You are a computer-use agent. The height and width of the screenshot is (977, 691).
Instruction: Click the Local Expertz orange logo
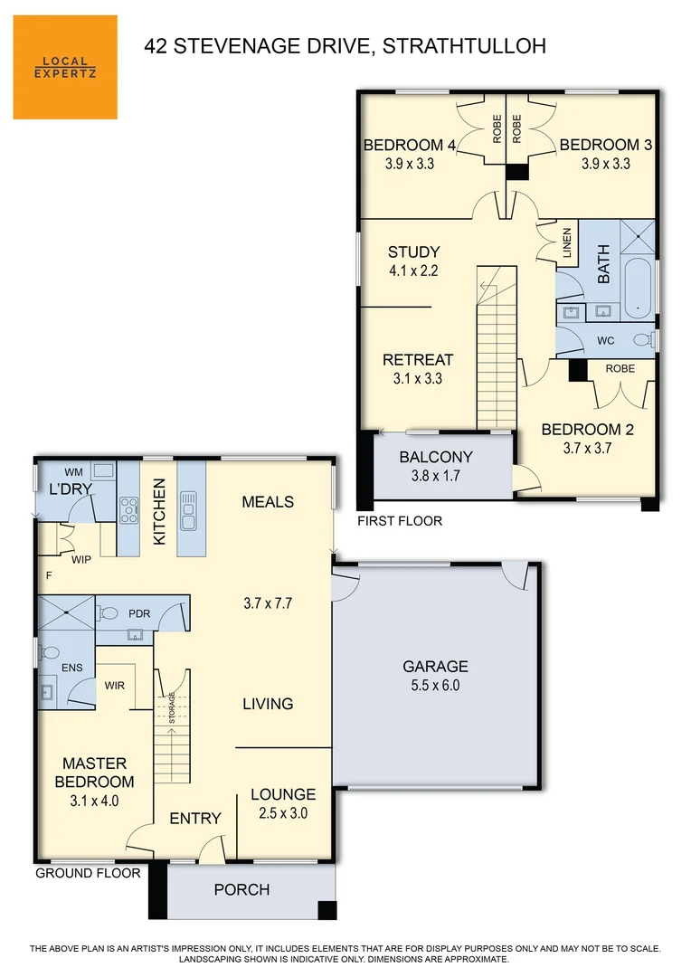pos(65,67)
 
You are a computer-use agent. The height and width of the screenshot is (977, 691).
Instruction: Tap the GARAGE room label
pos(435,667)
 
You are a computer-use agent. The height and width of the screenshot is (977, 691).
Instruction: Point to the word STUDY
pos(413,252)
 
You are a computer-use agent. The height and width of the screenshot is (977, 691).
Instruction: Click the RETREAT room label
pos(417,359)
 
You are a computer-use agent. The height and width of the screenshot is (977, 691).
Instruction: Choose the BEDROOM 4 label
pos(409,145)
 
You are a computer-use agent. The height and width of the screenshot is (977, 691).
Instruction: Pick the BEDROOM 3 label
pos(605,145)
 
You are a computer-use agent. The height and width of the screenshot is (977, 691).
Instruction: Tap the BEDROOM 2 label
pos(582,430)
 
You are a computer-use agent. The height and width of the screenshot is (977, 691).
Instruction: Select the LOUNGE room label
pos(283,794)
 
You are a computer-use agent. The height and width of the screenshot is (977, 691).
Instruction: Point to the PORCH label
pos(241,889)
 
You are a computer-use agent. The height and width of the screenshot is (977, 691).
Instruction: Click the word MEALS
pos(268,501)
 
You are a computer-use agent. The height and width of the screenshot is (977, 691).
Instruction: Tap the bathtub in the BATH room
pos(639,287)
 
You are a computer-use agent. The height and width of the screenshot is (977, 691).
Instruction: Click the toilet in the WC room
pos(642,340)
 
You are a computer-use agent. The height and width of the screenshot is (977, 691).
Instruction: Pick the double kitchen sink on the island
pos(189,510)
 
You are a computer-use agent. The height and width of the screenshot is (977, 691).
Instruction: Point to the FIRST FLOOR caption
pos(399,521)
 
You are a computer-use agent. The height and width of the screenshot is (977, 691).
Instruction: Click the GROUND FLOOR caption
pos(88,873)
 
